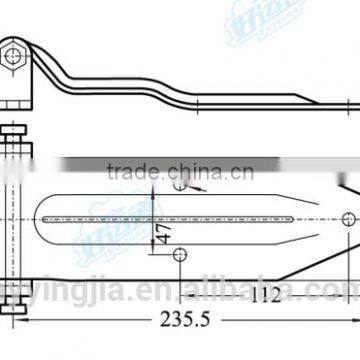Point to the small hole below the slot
pyautogui.click(x=179, y=228)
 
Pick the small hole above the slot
pyautogui.click(x=179, y=184)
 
